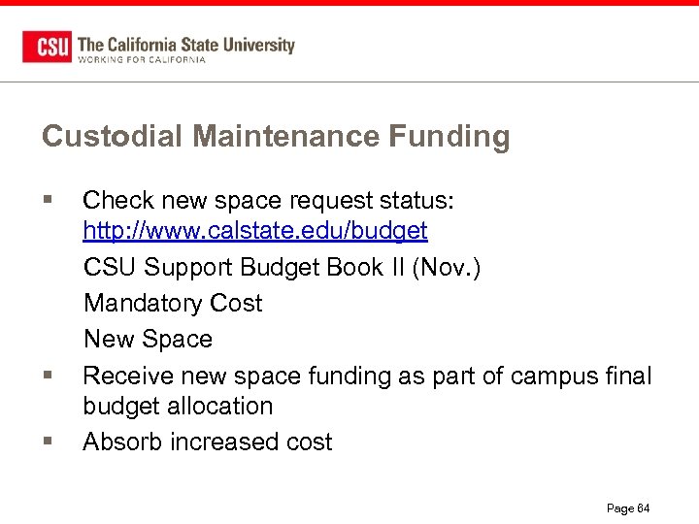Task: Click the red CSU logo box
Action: (x=47, y=47)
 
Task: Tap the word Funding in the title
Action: (x=449, y=137)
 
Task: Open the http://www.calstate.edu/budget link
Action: (x=255, y=231)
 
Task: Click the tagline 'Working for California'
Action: (x=142, y=60)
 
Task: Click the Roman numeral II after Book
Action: (x=397, y=267)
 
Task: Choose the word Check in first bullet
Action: (x=119, y=201)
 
